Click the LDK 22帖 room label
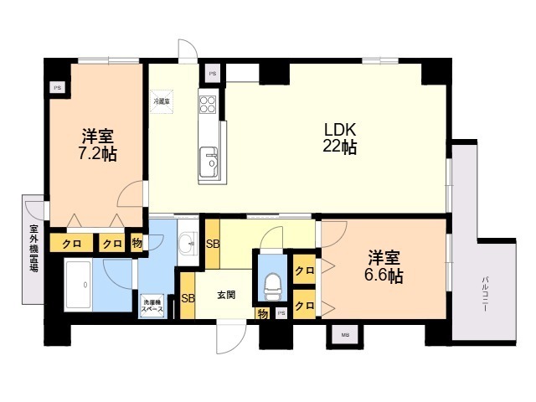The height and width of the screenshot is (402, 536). [x=341, y=138]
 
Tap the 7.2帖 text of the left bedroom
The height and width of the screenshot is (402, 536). [x=97, y=155]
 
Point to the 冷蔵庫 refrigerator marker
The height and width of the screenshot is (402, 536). [x=161, y=101]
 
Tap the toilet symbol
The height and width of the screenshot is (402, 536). [x=273, y=287]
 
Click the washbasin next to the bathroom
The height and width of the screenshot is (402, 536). [x=186, y=245]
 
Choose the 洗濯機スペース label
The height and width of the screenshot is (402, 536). [x=152, y=306]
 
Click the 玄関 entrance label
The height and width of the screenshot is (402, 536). [x=225, y=294]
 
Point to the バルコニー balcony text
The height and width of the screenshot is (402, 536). [x=485, y=294]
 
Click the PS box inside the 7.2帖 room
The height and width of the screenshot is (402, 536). [x=57, y=86]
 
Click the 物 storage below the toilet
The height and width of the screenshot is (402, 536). [x=263, y=314]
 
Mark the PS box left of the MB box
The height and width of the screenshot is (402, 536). [x=281, y=313]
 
